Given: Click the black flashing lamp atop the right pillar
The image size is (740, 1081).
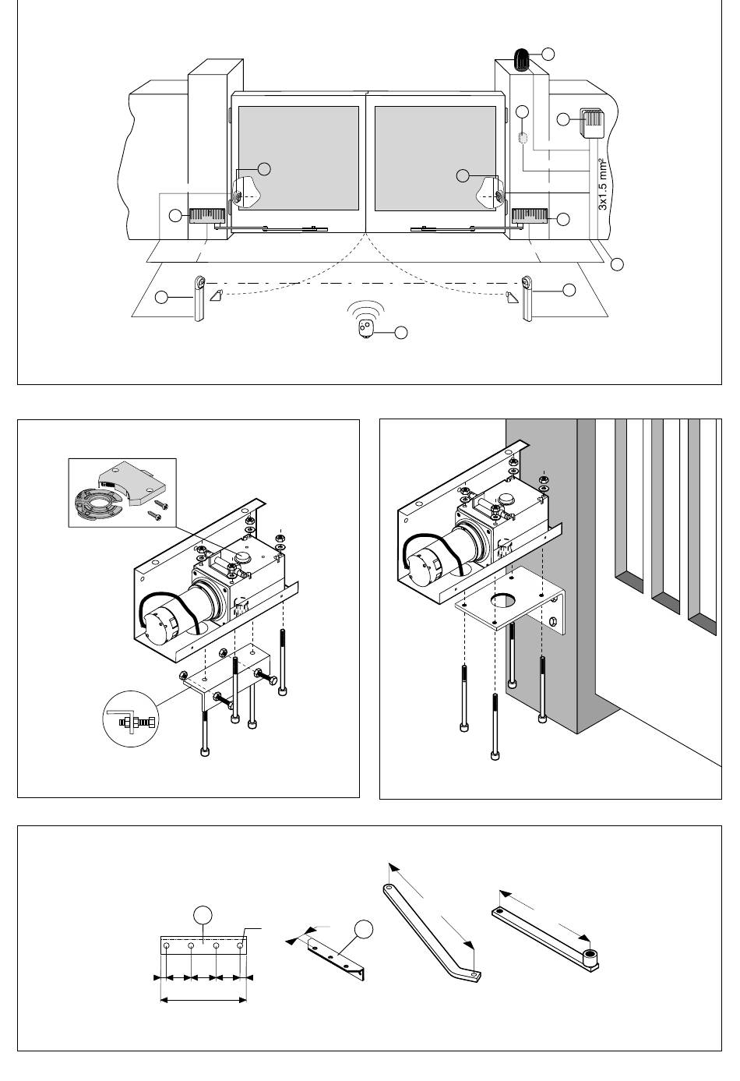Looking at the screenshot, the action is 521,60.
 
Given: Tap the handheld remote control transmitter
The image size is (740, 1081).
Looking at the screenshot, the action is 365,329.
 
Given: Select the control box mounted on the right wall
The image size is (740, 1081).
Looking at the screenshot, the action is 591,123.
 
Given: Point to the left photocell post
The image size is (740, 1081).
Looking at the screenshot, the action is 199,299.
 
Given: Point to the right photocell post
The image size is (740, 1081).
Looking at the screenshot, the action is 527,299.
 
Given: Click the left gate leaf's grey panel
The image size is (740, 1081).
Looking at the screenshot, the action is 298,158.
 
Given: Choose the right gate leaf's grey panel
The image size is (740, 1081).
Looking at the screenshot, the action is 435,158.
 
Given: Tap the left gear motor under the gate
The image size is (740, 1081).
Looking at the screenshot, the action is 207,216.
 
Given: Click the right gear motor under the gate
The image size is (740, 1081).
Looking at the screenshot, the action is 530,216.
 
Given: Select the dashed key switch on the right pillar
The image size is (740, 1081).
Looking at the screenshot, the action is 523,138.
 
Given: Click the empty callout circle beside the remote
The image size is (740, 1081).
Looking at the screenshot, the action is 401,333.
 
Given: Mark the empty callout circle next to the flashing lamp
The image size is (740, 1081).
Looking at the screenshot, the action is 548,54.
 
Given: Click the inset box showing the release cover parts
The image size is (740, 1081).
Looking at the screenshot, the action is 122,493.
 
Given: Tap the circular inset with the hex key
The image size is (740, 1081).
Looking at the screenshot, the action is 130,719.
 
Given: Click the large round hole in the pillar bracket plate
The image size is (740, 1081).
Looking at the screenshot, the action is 504,600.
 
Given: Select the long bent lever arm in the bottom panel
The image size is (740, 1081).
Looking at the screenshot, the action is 433,934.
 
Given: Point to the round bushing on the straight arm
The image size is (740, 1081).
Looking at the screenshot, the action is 590,954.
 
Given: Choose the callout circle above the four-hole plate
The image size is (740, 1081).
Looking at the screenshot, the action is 203,915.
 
